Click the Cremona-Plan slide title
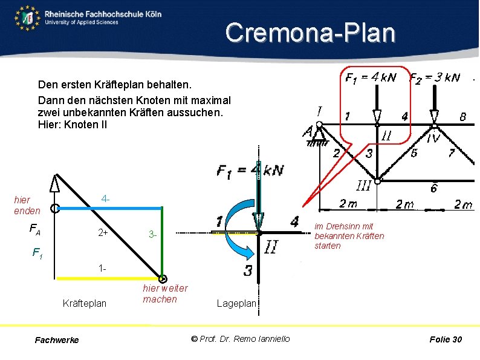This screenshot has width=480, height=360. (x=310, y=33)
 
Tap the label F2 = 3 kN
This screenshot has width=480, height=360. (x=435, y=77)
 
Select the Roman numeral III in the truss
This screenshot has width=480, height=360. (x=363, y=186)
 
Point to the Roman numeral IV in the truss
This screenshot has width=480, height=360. (x=433, y=140)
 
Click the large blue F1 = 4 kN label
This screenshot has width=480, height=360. (x=250, y=171)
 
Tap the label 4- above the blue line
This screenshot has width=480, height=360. (x=106, y=198)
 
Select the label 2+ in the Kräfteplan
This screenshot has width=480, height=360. (x=103, y=234)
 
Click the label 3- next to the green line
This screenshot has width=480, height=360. (x=154, y=234)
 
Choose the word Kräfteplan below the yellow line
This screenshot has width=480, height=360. (x=85, y=303)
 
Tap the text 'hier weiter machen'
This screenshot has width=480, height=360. (x=165, y=294)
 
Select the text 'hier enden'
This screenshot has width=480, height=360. (x=27, y=205)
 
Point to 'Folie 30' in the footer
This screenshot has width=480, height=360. (x=446, y=339)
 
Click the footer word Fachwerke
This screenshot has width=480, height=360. (x=57, y=340)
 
